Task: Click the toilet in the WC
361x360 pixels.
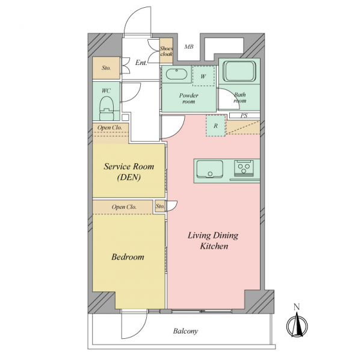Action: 106,108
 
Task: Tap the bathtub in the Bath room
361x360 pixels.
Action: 240,71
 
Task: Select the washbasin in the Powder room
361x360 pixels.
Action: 176,74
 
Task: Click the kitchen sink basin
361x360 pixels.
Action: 210,169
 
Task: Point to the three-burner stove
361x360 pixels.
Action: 244,167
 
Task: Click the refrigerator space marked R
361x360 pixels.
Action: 216,126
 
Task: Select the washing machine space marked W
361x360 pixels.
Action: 204,76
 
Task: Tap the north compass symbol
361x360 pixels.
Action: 297,323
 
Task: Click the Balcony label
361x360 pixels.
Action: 185,331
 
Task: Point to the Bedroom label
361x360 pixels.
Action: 128,257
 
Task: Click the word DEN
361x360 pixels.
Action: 129,178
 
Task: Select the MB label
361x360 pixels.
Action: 189,47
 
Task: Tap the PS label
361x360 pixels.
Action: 244,116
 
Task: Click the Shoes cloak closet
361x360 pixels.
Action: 166,51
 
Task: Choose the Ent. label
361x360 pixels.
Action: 141,63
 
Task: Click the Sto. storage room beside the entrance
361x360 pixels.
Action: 106,68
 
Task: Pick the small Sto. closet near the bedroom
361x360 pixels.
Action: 160,206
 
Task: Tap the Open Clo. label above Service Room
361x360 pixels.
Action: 110,128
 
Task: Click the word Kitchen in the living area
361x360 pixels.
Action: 214,246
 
